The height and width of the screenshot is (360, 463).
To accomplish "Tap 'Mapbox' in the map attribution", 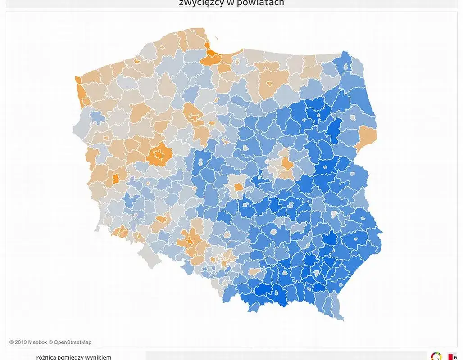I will click(x=37, y=342).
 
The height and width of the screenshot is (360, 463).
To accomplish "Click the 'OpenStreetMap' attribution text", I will click(x=73, y=342).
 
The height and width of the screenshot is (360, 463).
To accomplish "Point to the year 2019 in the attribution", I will click(x=21, y=342).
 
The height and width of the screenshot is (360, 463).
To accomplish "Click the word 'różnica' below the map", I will click(x=46, y=357).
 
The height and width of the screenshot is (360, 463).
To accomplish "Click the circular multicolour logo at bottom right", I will click(x=436, y=356).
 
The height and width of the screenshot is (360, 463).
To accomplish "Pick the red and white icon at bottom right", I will click(x=452, y=356).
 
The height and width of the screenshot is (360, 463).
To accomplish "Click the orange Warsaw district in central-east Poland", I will click(x=286, y=165).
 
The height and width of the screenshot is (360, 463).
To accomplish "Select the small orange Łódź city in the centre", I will click(x=237, y=188).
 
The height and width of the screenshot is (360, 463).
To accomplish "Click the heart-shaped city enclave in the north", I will click(x=269, y=84).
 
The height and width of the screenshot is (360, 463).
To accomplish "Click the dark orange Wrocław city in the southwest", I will click(x=191, y=239).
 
